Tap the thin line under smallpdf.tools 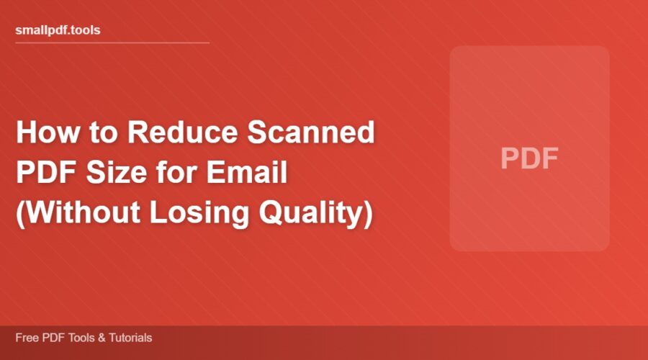112,42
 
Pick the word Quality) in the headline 318,214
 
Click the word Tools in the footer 76,337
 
